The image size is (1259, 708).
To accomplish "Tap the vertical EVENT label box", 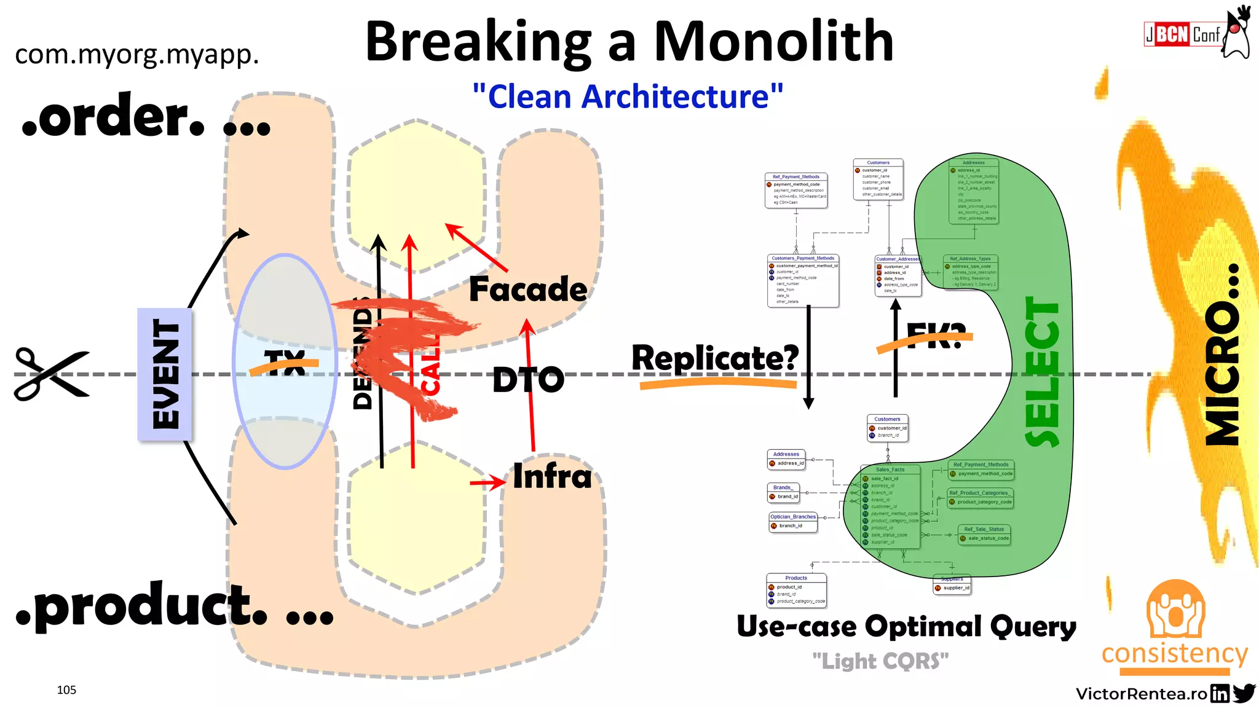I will tap(165, 374).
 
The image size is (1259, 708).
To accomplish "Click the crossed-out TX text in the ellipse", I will tap(285, 363).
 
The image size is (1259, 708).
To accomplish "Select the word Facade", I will tap(527, 289).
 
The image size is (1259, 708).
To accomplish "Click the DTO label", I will tap(527, 380).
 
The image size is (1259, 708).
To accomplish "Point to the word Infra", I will tap(552, 476).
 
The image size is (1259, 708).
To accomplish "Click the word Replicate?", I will tap(715, 358).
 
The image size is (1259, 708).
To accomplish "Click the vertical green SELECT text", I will tap(1043, 372).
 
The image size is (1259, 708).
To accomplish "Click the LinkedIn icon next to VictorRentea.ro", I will tap(1220, 694).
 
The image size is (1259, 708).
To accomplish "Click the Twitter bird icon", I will tap(1244, 693).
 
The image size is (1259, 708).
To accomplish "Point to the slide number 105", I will tap(66, 690).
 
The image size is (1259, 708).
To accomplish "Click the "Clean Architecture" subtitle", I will tap(628, 97).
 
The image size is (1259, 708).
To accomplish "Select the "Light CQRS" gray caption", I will tap(880, 661).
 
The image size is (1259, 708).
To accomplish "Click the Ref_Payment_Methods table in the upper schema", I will tap(796, 191).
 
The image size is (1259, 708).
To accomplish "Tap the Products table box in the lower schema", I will tap(796, 590).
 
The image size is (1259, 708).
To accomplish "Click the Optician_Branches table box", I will tap(793, 521).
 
